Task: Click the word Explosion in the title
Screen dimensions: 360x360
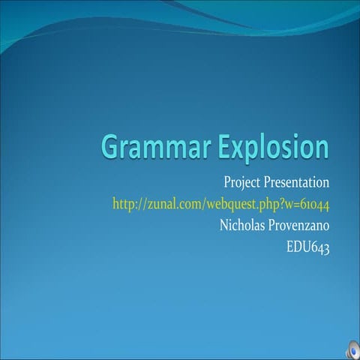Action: coord(273,147)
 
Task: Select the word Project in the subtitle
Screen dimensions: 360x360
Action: coord(241,182)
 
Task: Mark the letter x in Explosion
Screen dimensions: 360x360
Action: coord(240,149)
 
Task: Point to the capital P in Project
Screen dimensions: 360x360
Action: coord(227,182)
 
